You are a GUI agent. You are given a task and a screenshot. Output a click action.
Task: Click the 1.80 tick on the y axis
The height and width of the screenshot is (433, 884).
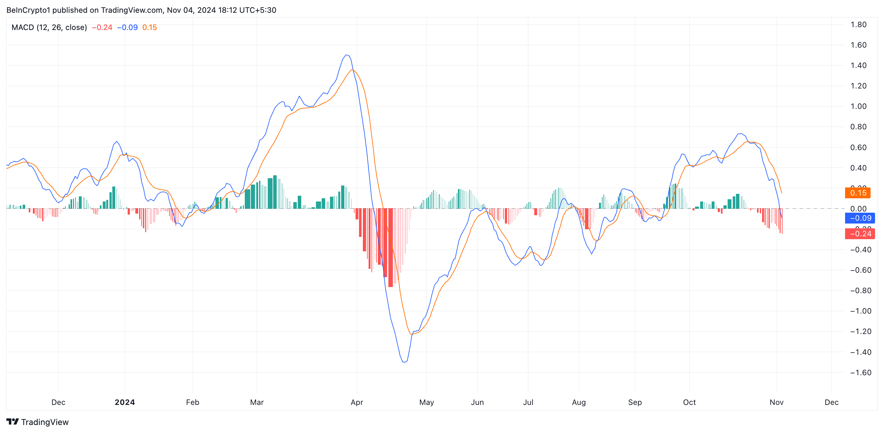coord(858,25)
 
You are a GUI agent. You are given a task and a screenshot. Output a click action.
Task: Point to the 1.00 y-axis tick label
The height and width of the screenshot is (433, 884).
coord(858,106)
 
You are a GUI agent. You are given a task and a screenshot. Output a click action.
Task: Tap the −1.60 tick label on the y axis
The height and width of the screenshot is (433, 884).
coord(860,373)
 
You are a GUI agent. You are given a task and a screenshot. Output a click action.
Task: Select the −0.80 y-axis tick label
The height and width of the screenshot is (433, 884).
coord(860,291)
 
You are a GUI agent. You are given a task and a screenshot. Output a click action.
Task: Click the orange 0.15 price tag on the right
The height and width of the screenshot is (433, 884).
coord(858,193)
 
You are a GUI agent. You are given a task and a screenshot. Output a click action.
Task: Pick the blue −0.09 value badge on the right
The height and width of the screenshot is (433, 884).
coord(860,218)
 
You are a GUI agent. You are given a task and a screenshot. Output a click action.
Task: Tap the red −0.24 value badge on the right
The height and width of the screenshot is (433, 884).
coord(860,234)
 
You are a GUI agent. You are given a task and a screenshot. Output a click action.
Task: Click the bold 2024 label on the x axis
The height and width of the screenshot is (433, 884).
coord(124,402)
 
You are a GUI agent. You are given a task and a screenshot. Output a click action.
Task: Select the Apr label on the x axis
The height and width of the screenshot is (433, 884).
coord(356,402)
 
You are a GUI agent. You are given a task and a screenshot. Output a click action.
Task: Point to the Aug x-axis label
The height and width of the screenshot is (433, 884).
coord(579,402)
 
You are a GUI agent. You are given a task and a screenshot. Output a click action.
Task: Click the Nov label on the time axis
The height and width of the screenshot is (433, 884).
coord(776,402)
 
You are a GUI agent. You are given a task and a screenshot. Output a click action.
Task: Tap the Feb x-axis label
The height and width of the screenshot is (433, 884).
coord(192,402)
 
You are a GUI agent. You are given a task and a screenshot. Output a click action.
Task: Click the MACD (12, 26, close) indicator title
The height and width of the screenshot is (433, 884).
coord(49,27)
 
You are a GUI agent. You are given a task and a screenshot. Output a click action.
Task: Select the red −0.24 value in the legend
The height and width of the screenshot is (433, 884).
coord(102,27)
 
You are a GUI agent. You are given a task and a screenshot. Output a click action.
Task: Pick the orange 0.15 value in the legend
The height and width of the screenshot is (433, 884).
coord(150,27)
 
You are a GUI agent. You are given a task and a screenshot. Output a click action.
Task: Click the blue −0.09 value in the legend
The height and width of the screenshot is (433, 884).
coord(127,27)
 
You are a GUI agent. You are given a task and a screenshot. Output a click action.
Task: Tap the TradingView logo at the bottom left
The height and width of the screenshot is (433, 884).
coord(37,422)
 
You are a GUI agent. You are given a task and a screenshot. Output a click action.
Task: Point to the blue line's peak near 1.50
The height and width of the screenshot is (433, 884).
coord(347,55)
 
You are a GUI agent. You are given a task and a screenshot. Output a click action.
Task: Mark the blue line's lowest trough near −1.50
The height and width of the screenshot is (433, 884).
coord(404,362)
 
